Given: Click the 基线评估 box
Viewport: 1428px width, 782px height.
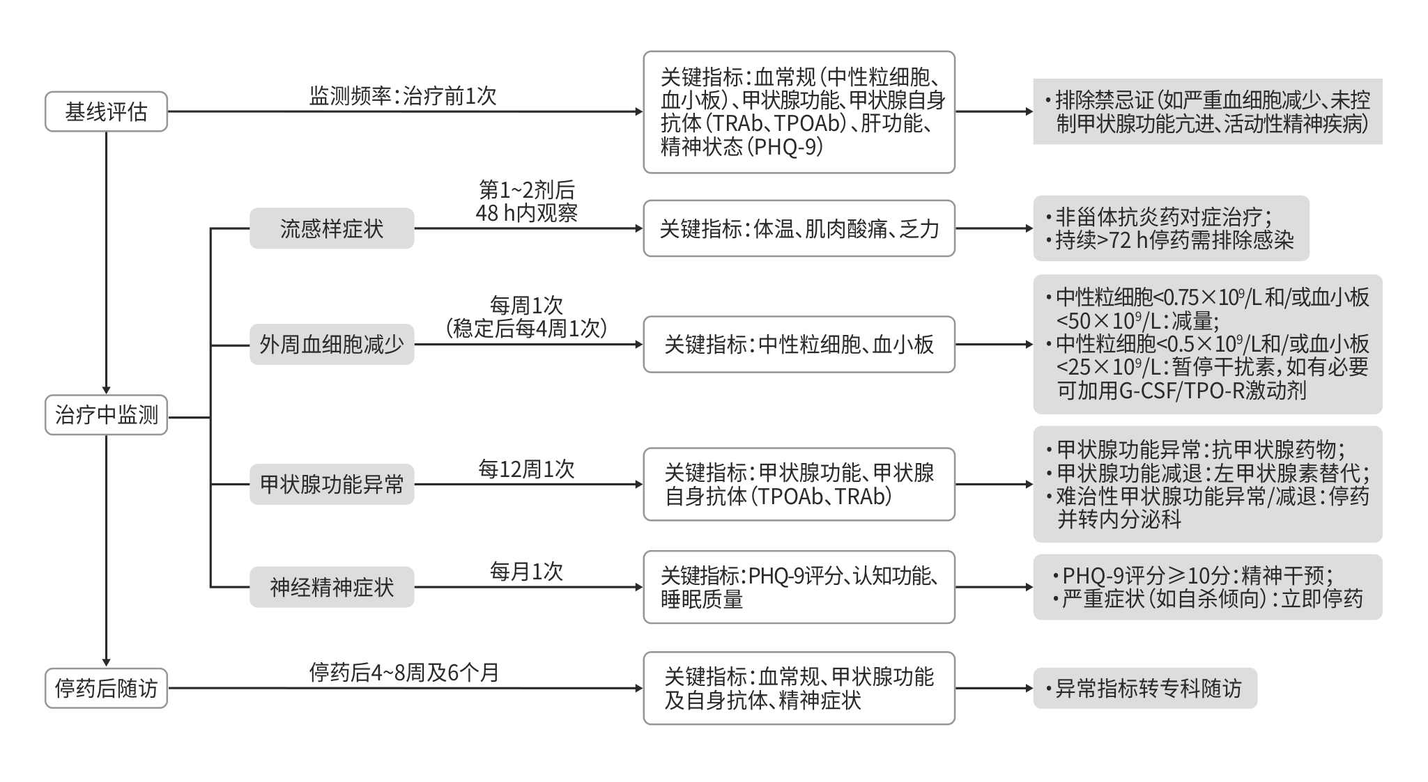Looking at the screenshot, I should (x=106, y=111).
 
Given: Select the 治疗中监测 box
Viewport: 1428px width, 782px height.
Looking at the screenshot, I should (x=106, y=415).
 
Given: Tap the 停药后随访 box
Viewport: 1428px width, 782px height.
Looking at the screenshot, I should (x=106, y=688).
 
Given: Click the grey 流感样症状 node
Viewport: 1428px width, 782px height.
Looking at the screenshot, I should (x=332, y=228).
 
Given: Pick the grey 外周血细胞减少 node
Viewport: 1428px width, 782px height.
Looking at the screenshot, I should (x=332, y=345).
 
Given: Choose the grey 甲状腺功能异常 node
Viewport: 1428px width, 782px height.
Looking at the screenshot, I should (x=332, y=484).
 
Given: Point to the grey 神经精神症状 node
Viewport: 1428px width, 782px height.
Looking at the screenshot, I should (x=332, y=587).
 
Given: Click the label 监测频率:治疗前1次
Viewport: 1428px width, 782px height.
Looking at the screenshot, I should (x=403, y=96).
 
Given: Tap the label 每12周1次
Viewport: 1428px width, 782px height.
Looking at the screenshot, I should (x=526, y=469).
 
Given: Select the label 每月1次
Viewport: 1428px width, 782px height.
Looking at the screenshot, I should (x=526, y=572).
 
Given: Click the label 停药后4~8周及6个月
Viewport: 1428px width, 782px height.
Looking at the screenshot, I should (x=404, y=673).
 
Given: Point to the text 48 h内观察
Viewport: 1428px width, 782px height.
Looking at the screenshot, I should (x=526, y=213).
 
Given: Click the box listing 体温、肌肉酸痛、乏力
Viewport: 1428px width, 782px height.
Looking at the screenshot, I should (x=799, y=228).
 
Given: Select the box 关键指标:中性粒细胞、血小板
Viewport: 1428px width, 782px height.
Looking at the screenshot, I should (x=799, y=345).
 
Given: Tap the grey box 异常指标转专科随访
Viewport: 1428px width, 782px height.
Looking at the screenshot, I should (x=1144, y=688).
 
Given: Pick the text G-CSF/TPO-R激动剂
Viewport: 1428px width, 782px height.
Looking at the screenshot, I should (x=1212, y=390).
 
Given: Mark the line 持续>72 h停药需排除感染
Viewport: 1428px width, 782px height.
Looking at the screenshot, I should (x=1174, y=240).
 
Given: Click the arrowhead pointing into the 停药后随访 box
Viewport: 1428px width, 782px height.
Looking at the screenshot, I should (x=106, y=662).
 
